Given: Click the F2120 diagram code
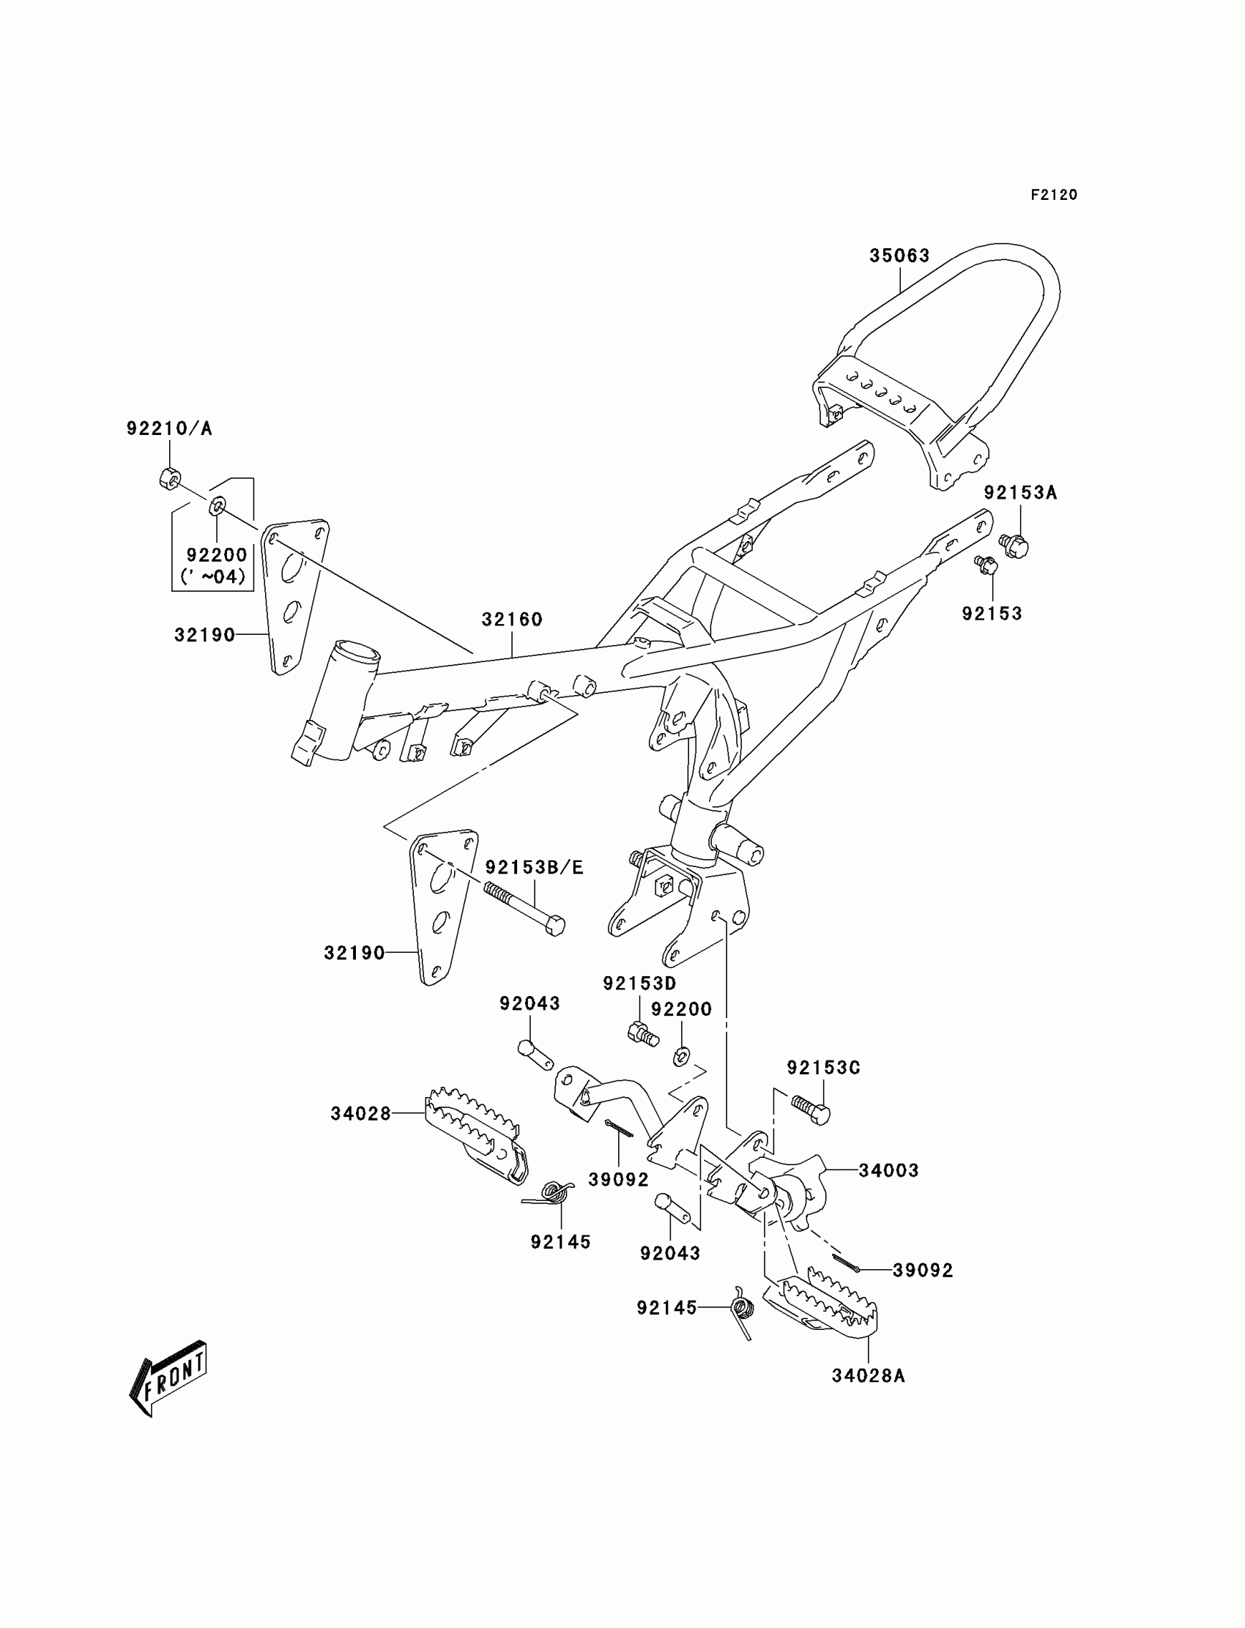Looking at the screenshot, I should [x=1053, y=195].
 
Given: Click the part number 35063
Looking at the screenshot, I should [x=899, y=256].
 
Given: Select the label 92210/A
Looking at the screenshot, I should [x=169, y=428].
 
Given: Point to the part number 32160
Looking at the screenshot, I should [x=512, y=619].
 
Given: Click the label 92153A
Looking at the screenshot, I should [x=1019, y=493].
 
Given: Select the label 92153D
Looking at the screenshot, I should [x=639, y=984].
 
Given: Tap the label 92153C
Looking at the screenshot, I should [x=823, y=1068].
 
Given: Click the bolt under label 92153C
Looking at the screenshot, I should [x=811, y=1110].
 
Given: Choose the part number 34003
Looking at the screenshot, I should [x=888, y=1171].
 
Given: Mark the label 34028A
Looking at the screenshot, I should [x=868, y=1376].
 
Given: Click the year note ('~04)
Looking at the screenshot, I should [x=212, y=576].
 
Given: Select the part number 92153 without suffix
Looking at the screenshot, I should [x=992, y=614].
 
